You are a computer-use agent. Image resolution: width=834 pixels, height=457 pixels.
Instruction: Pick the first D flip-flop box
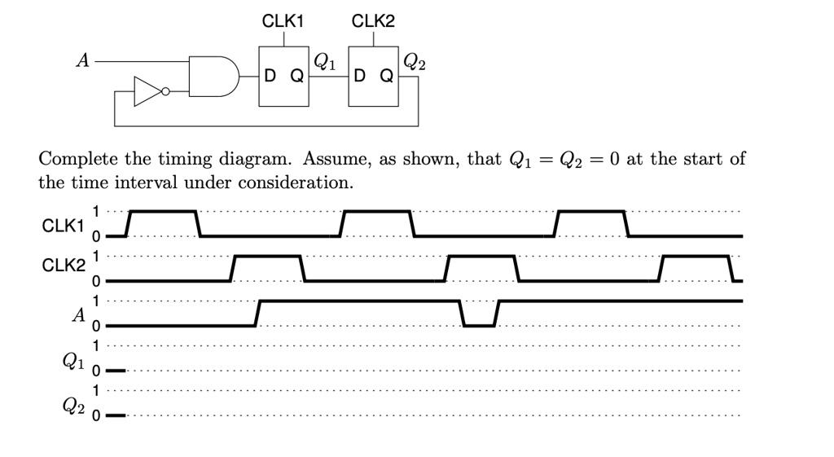pyautogui.click(x=284, y=77)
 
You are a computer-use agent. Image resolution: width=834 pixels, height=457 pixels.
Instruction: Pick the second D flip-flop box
pyautogui.click(x=373, y=77)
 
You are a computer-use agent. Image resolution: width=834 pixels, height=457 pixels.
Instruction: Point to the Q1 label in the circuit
pyautogui.click(x=323, y=60)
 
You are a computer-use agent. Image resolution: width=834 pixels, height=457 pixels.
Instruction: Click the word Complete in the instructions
pyautogui.click(x=75, y=159)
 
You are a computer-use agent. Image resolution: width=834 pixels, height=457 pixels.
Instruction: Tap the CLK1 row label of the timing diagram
pyautogui.click(x=63, y=225)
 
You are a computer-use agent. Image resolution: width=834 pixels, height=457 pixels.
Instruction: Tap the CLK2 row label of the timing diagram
pyautogui.click(x=63, y=266)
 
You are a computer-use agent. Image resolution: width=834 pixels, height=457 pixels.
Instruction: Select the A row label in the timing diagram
pyautogui.click(x=78, y=314)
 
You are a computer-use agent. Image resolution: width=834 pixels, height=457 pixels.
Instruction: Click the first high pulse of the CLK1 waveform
pyautogui.click(x=164, y=212)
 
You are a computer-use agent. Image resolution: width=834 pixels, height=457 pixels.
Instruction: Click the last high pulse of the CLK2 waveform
pyautogui.click(x=697, y=257)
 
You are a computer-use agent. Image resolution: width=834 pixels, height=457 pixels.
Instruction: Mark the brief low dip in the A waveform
pyautogui.click(x=479, y=324)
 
